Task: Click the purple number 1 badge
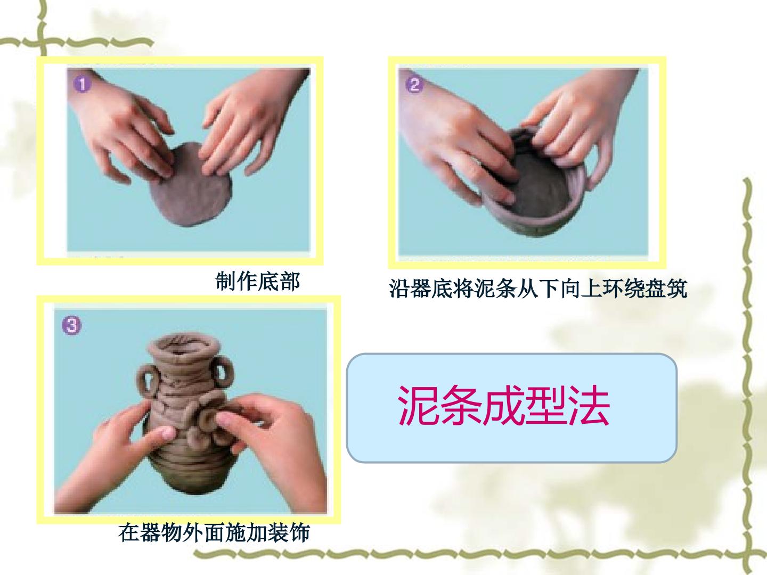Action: tap(82, 84)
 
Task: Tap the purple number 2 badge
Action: tap(414, 85)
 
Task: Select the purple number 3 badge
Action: tap(71, 325)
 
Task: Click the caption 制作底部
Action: tap(257, 282)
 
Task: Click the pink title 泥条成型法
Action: tap(504, 405)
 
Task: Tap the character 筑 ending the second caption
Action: tap(676, 289)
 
